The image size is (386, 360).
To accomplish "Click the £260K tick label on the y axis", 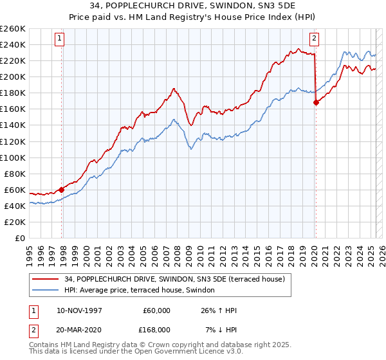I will [13, 28].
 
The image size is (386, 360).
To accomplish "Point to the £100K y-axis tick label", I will [13, 157].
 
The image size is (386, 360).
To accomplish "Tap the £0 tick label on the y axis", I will [20, 238].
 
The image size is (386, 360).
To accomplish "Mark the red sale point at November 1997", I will [62, 190].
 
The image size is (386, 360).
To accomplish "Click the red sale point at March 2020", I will [316, 102].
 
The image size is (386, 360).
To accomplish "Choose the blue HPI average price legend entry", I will [142, 291].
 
